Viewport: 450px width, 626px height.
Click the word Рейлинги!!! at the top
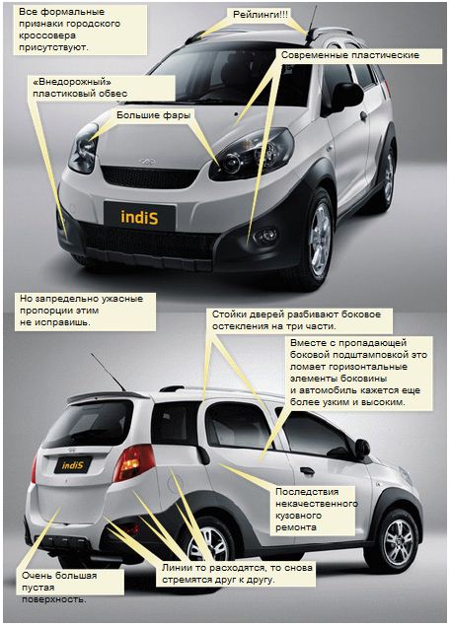[x=261, y=15]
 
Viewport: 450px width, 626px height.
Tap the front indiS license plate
[x=139, y=216]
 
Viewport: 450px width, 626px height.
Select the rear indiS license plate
[x=73, y=465]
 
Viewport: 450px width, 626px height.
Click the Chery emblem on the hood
[x=147, y=162]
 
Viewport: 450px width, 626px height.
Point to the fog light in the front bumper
[x=265, y=236]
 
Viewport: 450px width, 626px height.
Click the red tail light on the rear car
[x=133, y=462]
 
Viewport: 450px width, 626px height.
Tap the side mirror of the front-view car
[x=345, y=97]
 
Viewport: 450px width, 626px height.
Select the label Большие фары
[x=154, y=115]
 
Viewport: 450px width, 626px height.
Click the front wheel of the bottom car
[x=397, y=542]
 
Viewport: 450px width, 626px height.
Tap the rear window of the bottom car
[x=90, y=423]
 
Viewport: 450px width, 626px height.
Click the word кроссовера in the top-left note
[x=47, y=35]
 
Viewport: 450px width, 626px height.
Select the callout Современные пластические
[x=350, y=55]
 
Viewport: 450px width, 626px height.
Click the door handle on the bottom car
[x=308, y=471]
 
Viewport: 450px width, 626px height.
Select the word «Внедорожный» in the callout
[x=72, y=82]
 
